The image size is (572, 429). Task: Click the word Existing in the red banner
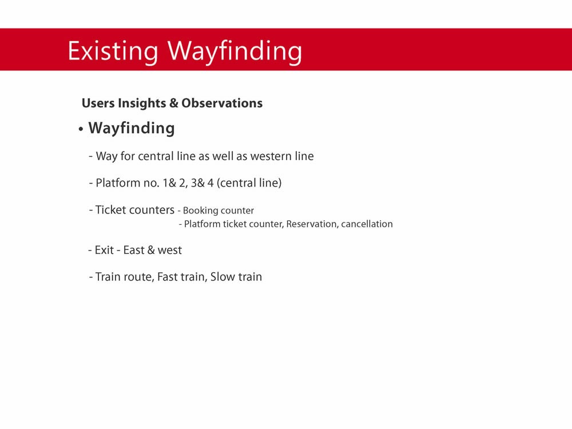(113, 51)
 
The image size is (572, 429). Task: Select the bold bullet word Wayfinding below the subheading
(132, 129)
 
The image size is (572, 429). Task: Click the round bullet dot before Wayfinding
(81, 129)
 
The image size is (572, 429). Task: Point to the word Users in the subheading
(98, 103)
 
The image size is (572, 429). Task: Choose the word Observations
(222, 103)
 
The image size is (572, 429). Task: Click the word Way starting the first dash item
(106, 157)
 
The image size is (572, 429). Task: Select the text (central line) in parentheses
(249, 183)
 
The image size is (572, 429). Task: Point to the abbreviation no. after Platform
(152, 183)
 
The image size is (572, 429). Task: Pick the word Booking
(200, 211)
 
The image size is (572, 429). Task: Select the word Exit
(104, 251)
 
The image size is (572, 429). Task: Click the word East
(134, 251)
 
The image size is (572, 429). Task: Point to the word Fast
(167, 277)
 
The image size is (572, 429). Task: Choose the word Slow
(223, 277)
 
